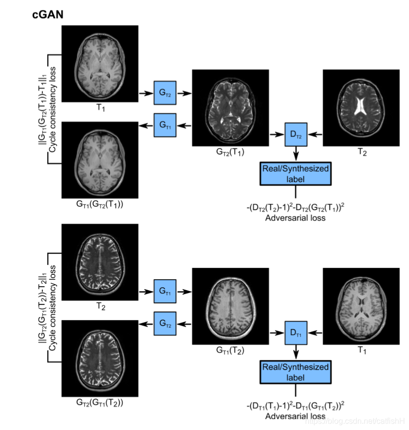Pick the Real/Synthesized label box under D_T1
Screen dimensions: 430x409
[295, 372]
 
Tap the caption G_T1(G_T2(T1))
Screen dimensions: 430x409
[100, 204]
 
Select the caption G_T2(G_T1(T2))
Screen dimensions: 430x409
[100, 403]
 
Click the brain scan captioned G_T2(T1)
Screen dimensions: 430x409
[230, 108]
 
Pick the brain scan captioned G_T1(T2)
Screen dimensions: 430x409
[230, 306]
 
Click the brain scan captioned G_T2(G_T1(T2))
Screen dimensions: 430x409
[100, 359]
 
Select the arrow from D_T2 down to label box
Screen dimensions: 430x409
[296, 153]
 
